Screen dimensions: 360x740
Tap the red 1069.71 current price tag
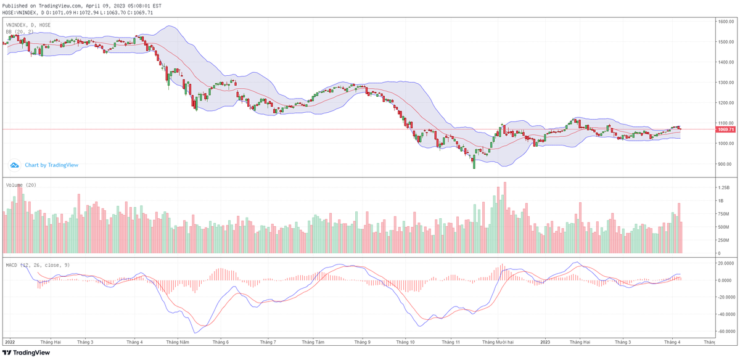pyautogui.click(x=725, y=129)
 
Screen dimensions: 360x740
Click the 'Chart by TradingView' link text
pyautogui.click(x=51, y=165)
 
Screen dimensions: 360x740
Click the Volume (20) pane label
pyautogui.click(x=21, y=184)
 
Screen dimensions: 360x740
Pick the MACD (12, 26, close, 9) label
pyautogui.click(x=37, y=265)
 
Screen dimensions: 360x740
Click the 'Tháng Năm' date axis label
pyautogui.click(x=177, y=342)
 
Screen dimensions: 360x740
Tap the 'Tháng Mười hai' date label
pyautogui.click(x=501, y=342)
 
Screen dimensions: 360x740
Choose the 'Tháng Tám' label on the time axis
pyautogui.click(x=313, y=342)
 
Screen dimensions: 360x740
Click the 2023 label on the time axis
pyautogui.click(x=545, y=342)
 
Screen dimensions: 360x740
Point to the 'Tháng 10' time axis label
pyautogui.click(x=405, y=342)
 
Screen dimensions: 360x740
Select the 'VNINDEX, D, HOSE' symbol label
pyautogui.click(x=28, y=25)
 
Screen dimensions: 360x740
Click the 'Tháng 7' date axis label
pyautogui.click(x=267, y=342)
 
